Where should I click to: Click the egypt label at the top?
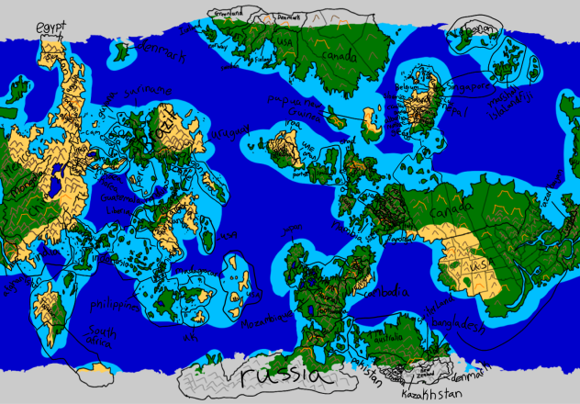[53, 28]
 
